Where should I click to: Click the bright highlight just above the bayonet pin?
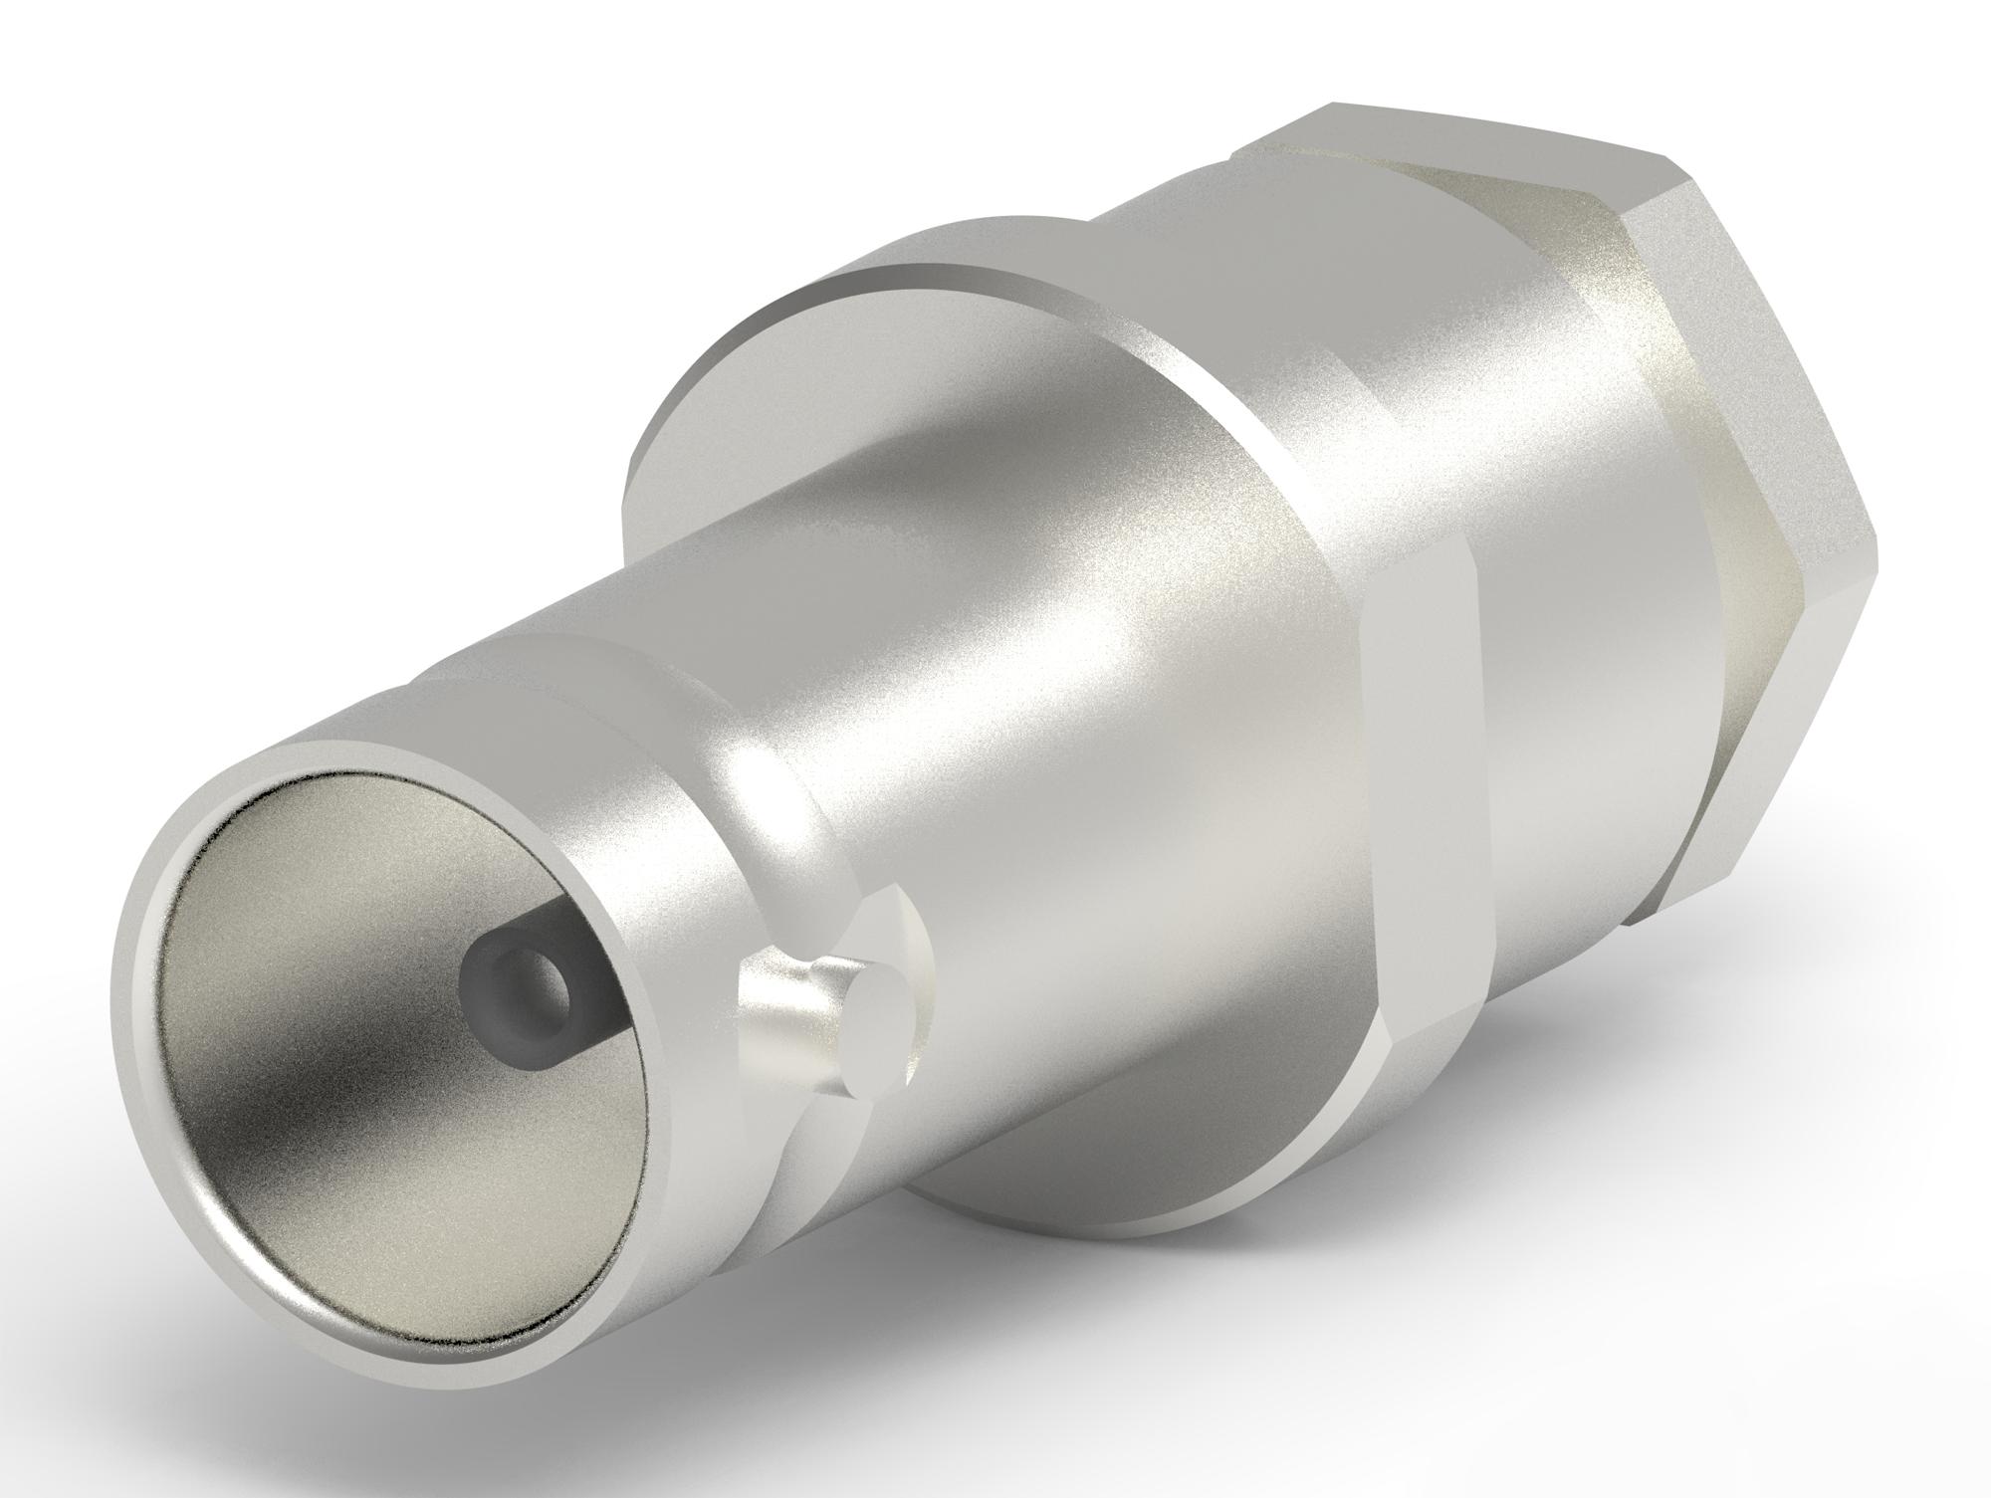(x=767, y=786)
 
